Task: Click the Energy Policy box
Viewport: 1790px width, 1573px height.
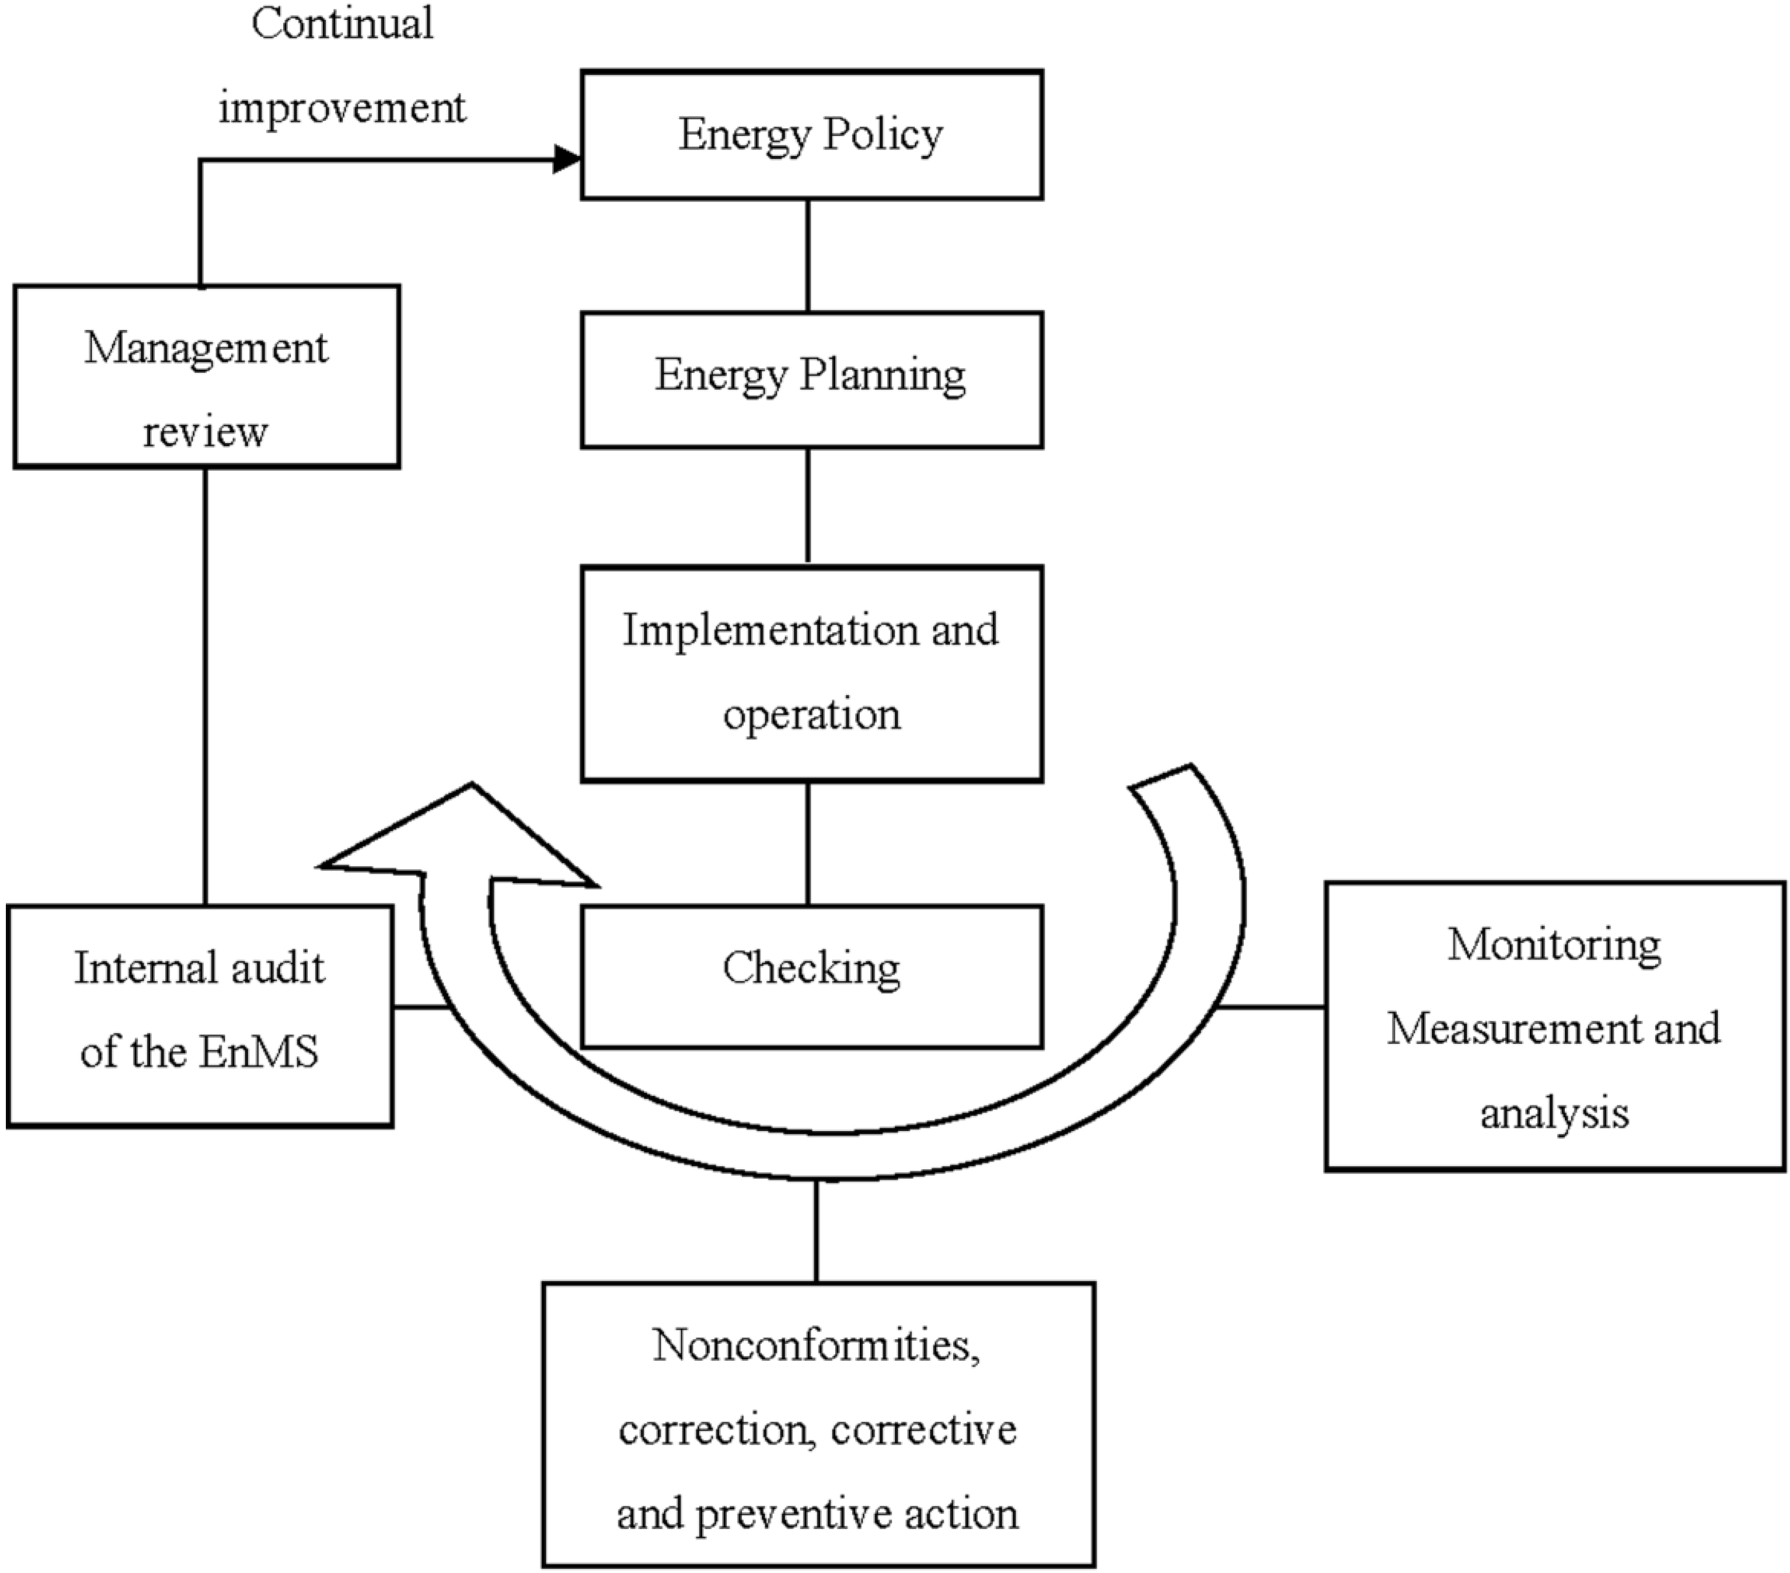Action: click(x=811, y=135)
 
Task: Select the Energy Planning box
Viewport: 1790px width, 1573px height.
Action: click(x=811, y=379)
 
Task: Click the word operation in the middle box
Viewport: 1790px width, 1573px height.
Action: click(x=811, y=714)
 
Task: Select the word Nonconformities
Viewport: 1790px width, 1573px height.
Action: click(x=816, y=1345)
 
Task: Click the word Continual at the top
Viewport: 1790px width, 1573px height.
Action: click(x=342, y=23)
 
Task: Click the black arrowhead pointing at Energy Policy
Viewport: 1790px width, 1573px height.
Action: click(x=567, y=159)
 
